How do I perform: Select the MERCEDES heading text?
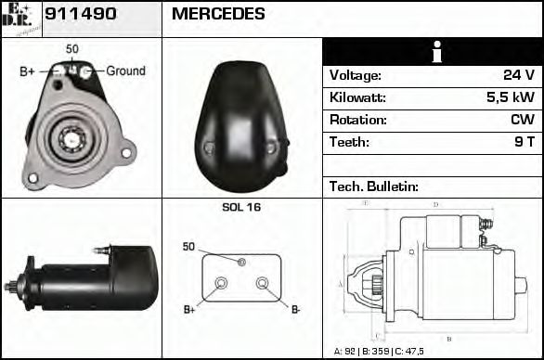[218, 14]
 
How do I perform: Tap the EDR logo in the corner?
[20, 18]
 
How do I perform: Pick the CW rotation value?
[522, 120]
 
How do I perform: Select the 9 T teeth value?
[525, 142]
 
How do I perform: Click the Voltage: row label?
[355, 75]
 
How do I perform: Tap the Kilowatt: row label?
[357, 97]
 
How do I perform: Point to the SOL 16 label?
[241, 207]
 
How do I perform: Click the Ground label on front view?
[125, 71]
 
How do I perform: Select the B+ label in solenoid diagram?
[189, 309]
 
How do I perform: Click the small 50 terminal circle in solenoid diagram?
[241, 262]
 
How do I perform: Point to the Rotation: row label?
[357, 120]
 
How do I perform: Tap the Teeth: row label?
[349, 142]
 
